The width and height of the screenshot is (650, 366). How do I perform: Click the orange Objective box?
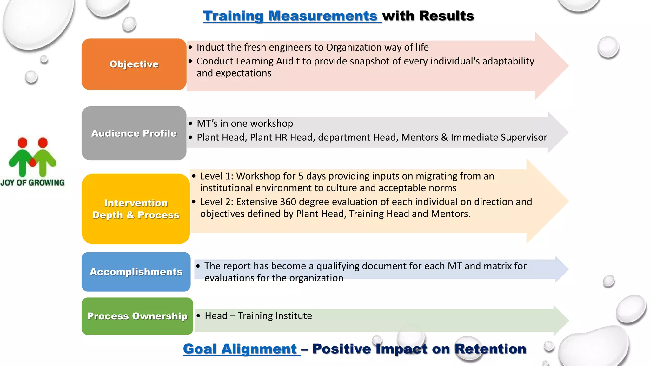click(x=134, y=64)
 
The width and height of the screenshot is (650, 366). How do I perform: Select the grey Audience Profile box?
click(x=134, y=133)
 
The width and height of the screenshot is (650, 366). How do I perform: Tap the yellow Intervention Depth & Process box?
click(x=136, y=209)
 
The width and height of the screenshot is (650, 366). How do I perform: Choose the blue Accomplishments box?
click(x=136, y=272)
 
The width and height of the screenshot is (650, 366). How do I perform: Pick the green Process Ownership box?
click(x=137, y=316)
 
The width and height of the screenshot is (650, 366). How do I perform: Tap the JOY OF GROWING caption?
click(x=32, y=183)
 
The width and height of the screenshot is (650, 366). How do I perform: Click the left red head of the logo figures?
click(x=23, y=143)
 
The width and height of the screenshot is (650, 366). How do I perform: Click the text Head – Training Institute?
click(x=258, y=316)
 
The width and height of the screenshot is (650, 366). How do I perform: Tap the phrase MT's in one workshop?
click(x=245, y=123)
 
